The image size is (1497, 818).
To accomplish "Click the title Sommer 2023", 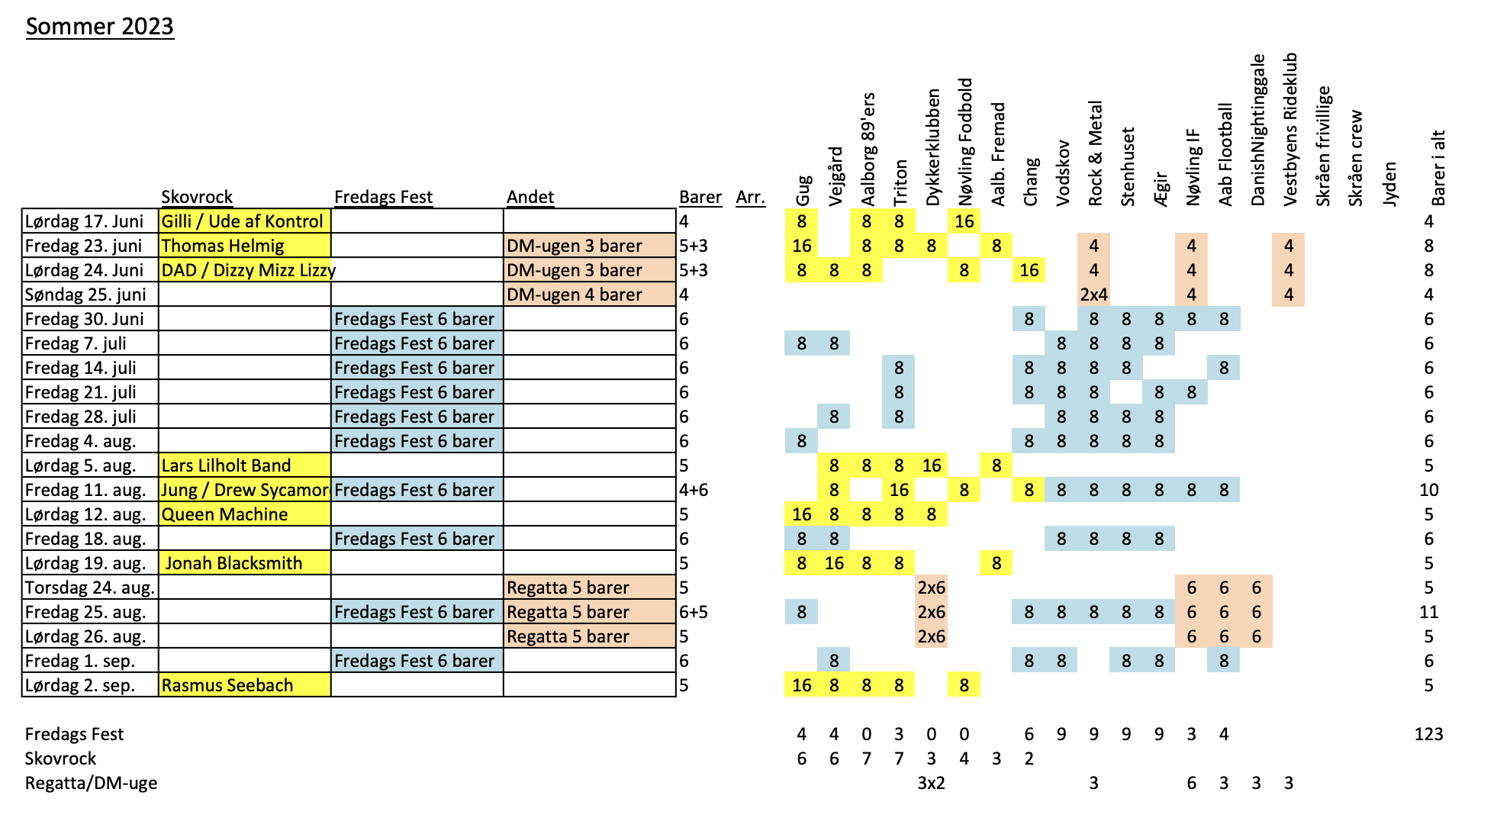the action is (x=100, y=27).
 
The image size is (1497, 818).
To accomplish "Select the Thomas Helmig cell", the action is (x=245, y=246).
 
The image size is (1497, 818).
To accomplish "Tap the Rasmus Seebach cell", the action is (x=245, y=685).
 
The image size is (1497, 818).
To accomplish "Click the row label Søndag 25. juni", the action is (x=85, y=295).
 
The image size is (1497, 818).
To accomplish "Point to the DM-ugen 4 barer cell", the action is (x=590, y=295).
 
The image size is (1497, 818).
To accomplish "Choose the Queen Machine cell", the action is (x=245, y=514).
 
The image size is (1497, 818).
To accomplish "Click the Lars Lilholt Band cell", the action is (x=245, y=465).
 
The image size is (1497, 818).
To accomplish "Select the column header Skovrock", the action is (x=197, y=197).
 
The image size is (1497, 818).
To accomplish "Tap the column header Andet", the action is (x=530, y=197).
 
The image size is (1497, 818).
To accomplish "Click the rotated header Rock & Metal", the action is (x=1095, y=153).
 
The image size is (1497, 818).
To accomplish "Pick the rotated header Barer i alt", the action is (x=1438, y=168).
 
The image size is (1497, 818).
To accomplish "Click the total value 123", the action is (x=1428, y=734).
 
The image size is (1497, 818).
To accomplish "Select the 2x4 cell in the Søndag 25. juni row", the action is (x=1094, y=295).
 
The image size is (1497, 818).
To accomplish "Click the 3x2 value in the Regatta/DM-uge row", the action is (x=931, y=783).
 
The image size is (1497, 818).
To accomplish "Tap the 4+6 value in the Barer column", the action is (x=694, y=490).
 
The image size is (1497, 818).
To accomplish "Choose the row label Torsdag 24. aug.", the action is (x=90, y=588).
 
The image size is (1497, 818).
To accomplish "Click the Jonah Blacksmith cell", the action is (x=245, y=563).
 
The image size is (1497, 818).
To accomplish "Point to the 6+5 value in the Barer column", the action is (x=694, y=612).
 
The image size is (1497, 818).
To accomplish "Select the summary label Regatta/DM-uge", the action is (x=91, y=784).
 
